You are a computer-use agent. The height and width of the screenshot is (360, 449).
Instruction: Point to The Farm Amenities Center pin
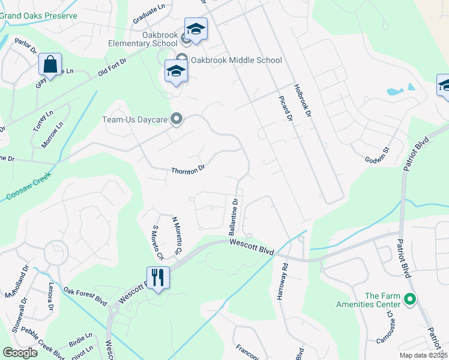[x=410, y=298]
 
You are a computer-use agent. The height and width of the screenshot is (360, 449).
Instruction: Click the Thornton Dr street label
[x=188, y=170]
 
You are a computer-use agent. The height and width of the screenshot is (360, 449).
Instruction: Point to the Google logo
[x=20, y=353]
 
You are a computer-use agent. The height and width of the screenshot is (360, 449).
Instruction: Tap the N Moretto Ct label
[x=177, y=235]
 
